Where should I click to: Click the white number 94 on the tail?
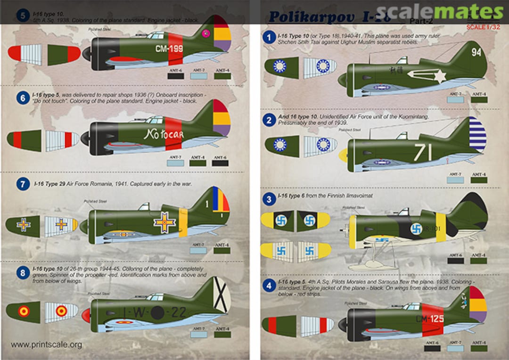tap(476, 52)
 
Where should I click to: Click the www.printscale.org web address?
tap(46, 344)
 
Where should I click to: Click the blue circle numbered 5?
tap(22, 16)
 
